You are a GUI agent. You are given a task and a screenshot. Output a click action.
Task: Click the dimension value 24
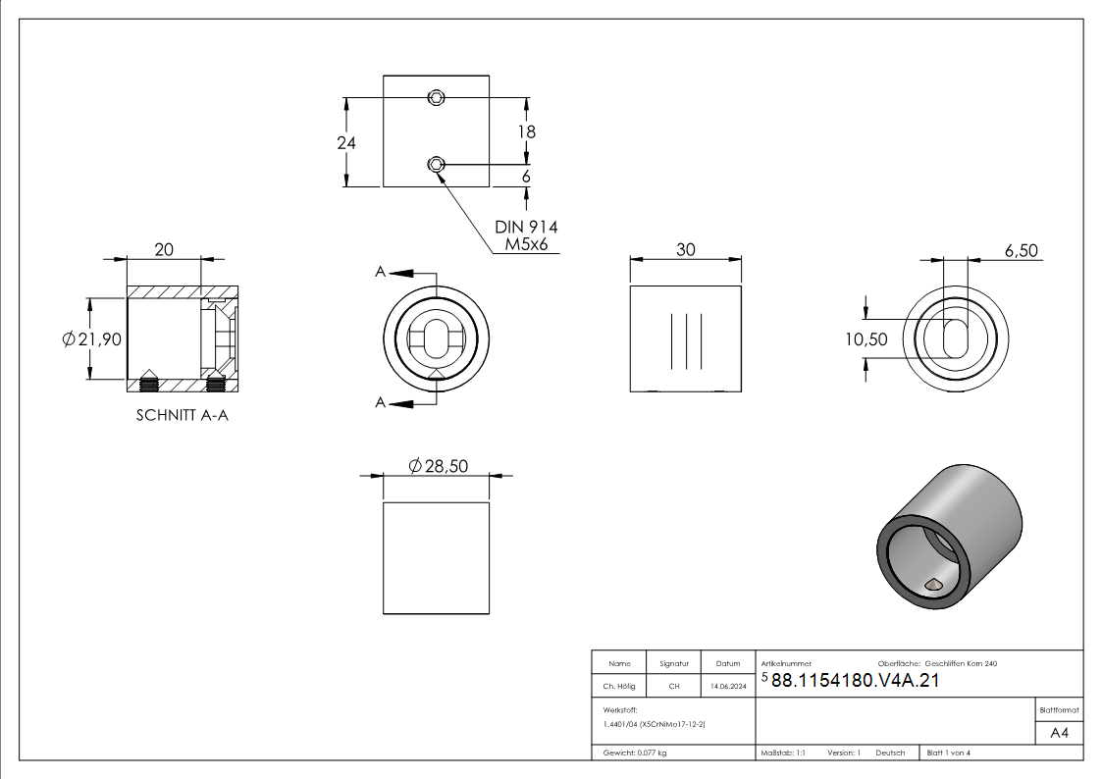point(346,142)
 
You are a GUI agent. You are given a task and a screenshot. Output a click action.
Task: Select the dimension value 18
point(526,131)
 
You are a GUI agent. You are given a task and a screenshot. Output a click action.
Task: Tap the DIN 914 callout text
point(526,227)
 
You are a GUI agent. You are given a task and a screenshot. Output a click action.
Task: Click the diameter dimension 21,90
point(92,339)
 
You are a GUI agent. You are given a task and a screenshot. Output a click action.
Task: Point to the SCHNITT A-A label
point(182,415)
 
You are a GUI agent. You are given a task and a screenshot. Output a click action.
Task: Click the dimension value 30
point(686,249)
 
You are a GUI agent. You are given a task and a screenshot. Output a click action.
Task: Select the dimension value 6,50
point(1022,251)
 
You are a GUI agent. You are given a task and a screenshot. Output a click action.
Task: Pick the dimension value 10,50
point(866,339)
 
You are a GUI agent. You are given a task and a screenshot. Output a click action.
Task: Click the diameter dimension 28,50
point(438,466)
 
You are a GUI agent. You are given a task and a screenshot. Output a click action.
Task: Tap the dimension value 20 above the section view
point(164,249)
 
